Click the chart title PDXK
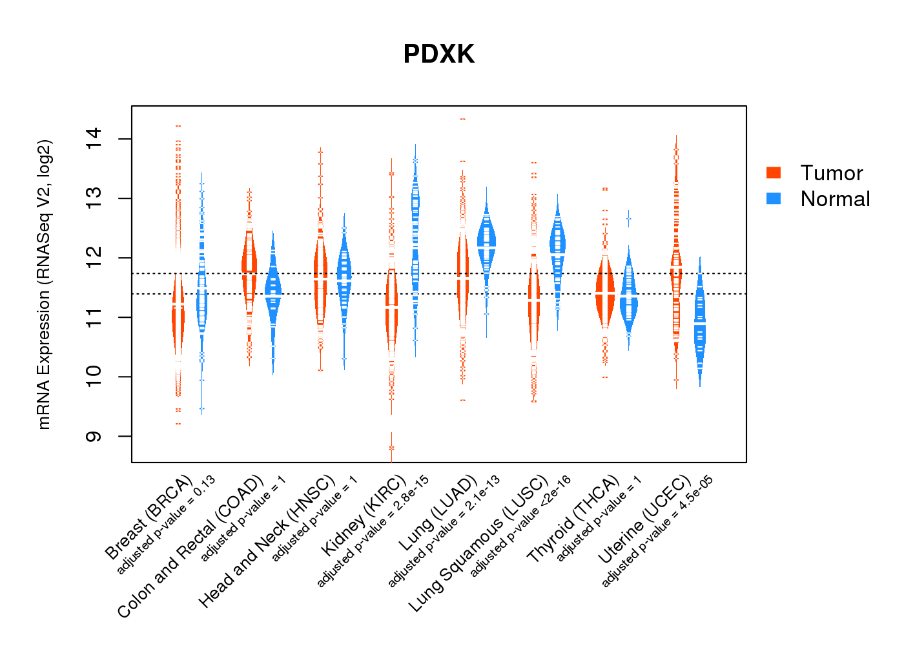pyautogui.click(x=438, y=54)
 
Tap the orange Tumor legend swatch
pyautogui.click(x=774, y=172)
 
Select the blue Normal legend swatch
pyautogui.click(x=774, y=198)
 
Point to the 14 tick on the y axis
pyautogui.click(x=93, y=139)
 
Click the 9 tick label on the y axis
pyautogui.click(x=93, y=437)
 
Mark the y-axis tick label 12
pyautogui.click(x=93, y=258)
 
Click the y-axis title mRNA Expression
pyautogui.click(x=44, y=284)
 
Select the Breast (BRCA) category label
pyautogui.click(x=149, y=518)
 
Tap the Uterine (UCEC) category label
pyautogui.click(x=644, y=520)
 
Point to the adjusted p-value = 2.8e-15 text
pyautogui.click(x=373, y=532)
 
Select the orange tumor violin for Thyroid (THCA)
pyautogui.click(x=605, y=291)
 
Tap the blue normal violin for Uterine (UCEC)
pyautogui.click(x=700, y=323)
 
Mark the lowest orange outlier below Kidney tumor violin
pyautogui.click(x=391, y=448)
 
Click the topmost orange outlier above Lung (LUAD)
pyautogui.click(x=462, y=120)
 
